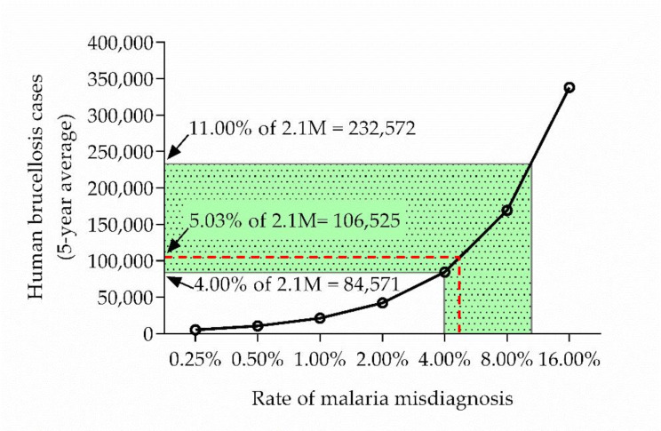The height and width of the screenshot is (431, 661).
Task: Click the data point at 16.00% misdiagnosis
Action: coord(569,87)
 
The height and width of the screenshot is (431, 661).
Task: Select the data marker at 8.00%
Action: coord(506,211)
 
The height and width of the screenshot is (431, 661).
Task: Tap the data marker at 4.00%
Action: coord(444,272)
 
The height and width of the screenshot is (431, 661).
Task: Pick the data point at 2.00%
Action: coord(382,303)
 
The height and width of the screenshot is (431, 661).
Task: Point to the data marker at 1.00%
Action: coord(320,318)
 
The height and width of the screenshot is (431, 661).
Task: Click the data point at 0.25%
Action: coord(195,330)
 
